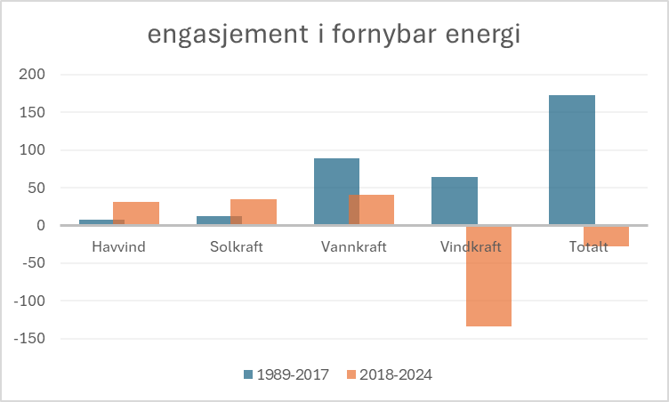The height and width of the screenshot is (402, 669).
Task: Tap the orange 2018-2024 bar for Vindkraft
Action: (x=488, y=276)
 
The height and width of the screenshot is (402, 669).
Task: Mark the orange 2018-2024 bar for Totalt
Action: (x=606, y=236)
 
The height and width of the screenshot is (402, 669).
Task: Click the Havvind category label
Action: (x=118, y=246)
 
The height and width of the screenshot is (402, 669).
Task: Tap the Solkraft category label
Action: (x=236, y=246)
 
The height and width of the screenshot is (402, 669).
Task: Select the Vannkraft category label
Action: (x=353, y=246)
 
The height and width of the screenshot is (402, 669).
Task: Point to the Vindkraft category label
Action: (x=471, y=246)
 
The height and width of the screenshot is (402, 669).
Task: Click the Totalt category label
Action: (x=588, y=246)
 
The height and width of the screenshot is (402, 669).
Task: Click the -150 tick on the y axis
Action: (x=28, y=338)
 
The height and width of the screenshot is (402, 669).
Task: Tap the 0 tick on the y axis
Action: (x=39, y=225)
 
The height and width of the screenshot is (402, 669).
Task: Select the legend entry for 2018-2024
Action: (x=390, y=374)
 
